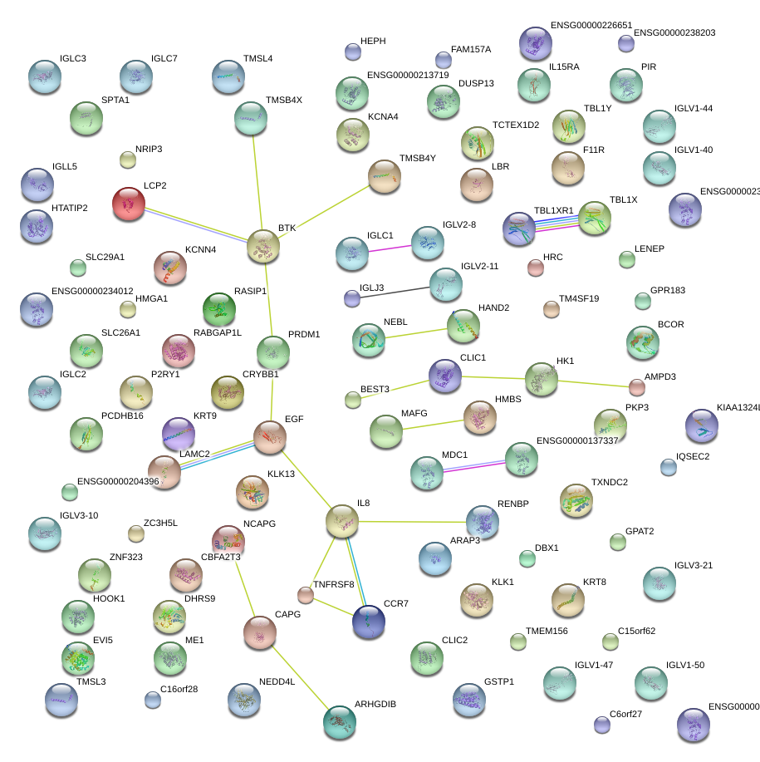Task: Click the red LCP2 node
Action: (129, 204)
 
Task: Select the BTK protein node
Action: (264, 247)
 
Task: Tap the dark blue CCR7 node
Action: (369, 622)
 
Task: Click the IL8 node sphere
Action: (341, 521)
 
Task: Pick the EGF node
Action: (269, 437)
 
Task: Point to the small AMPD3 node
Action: (637, 387)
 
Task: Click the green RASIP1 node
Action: (219, 309)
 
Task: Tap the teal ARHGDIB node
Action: (339, 721)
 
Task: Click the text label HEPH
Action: (373, 41)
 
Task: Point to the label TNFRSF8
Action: (333, 584)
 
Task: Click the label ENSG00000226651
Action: (591, 26)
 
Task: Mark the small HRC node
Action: (536, 268)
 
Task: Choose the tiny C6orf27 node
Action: (602, 725)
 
